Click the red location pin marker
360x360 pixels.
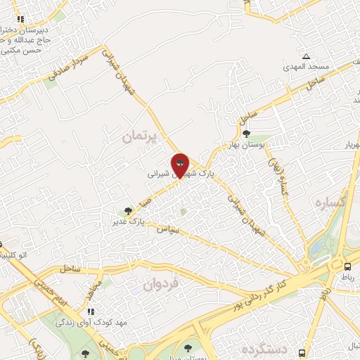coord(180,165)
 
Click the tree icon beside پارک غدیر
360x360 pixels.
coord(127,210)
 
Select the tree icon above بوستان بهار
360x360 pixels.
coord(245,134)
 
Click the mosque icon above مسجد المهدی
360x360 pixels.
coord(306,56)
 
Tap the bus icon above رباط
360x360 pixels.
coord(347,266)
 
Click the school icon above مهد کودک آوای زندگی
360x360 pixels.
coord(91,311)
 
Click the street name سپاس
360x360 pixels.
coord(169,229)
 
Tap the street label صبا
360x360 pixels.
coord(146,201)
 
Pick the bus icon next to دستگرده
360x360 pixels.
coord(302,352)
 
